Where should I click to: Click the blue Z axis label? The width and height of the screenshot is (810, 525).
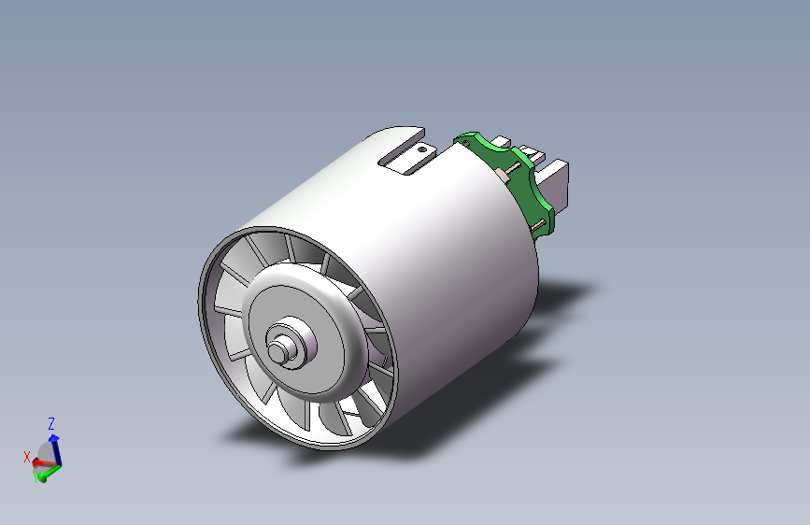(51, 424)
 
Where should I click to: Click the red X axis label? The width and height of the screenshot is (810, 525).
(27, 457)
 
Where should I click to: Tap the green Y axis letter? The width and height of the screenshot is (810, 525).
(36, 477)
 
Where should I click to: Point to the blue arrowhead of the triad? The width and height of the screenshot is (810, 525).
(53, 438)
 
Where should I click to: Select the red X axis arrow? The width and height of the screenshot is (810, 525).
(40, 462)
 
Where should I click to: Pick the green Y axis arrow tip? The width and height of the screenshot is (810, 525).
(42, 479)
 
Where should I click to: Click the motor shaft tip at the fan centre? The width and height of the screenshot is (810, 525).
(277, 353)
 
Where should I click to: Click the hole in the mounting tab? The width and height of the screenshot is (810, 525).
(422, 149)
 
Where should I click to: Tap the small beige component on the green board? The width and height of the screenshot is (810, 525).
(501, 175)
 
